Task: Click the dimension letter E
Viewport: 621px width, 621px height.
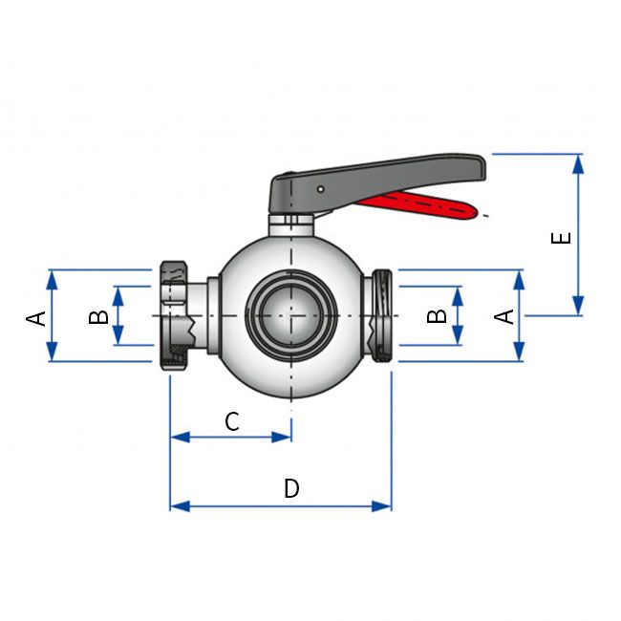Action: [x=564, y=235]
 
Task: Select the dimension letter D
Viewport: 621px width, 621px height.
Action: [x=291, y=488]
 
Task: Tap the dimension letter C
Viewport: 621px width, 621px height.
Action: [x=232, y=420]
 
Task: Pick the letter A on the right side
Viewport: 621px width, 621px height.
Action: [x=506, y=315]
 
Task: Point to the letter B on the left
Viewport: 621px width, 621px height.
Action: [x=98, y=315]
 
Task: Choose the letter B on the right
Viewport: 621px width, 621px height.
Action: [x=438, y=315]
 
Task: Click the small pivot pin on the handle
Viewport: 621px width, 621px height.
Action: [x=320, y=190]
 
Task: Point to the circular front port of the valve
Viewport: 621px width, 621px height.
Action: [x=290, y=315]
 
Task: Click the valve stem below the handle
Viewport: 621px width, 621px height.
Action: [x=290, y=225]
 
